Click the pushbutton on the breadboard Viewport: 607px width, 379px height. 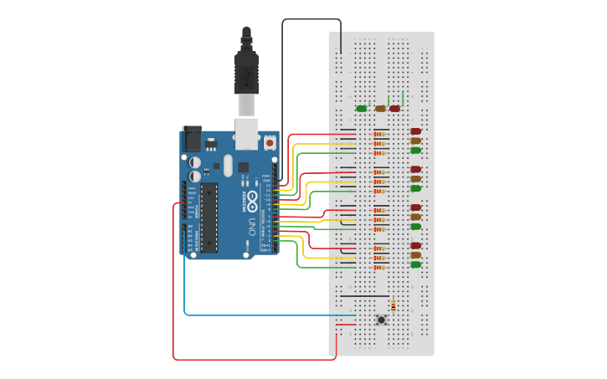point(382,320)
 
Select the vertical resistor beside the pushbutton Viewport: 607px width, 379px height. point(394,306)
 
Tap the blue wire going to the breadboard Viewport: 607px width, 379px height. point(251,315)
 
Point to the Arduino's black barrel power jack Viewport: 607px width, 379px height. point(191,138)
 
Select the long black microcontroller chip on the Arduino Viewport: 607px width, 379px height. point(208,217)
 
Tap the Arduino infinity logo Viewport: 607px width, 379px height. point(252,199)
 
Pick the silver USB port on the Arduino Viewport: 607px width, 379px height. point(247,133)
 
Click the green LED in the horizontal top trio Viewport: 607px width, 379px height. point(362,108)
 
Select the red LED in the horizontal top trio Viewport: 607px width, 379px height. point(395,108)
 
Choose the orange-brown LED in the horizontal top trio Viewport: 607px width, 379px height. point(380,108)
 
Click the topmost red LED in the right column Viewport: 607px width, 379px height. point(415,131)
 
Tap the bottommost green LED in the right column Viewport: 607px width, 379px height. point(415,264)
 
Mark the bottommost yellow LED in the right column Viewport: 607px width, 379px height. point(415,255)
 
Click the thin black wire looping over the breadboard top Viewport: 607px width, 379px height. point(311,19)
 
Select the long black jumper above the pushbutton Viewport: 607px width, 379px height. point(364,296)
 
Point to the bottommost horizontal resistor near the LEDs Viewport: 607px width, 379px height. point(380,268)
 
